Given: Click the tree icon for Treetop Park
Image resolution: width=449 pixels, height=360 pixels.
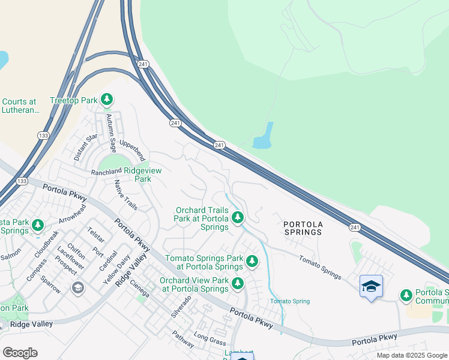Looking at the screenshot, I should coord(107,99).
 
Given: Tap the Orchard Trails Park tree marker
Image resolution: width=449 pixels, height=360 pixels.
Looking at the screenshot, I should coord(238,217).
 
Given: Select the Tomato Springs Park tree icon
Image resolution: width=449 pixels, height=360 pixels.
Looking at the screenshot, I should coord(252,261).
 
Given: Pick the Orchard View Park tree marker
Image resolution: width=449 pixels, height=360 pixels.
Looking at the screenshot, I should coord(238,283).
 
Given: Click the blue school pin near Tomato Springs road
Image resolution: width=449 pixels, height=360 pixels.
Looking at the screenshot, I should coord(371,286).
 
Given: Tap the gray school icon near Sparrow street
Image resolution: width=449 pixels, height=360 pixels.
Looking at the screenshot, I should coord(77,288).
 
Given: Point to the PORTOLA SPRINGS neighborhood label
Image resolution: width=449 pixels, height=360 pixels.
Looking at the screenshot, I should coord(303,229).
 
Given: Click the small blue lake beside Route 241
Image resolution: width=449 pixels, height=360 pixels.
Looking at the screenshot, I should coord(264,137).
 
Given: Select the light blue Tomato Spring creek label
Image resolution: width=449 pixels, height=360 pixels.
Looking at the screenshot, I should coord(289,301).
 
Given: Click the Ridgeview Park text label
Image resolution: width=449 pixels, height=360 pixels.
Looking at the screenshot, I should coord(142,175).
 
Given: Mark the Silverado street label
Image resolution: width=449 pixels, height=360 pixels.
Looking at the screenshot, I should coord(181,306).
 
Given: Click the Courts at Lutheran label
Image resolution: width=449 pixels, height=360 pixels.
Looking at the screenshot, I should coord(19,106).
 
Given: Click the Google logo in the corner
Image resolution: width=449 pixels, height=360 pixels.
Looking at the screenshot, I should coord(20,353).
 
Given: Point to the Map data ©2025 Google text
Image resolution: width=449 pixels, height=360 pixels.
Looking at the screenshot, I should coord(411,355).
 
